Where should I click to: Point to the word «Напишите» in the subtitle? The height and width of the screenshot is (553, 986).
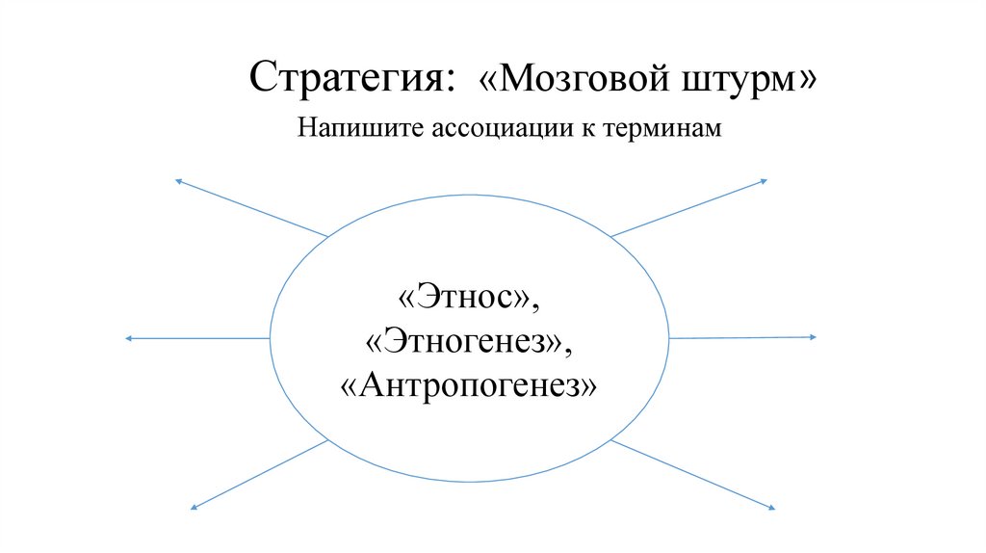point(348,128)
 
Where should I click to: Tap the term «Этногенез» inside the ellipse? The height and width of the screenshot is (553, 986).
point(469,339)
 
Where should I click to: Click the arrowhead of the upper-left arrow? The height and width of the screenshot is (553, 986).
point(176,180)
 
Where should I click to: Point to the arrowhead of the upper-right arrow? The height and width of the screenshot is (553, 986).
point(764,180)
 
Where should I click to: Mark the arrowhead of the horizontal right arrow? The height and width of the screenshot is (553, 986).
point(813,337)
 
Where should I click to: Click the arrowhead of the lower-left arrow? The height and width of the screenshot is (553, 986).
point(193,507)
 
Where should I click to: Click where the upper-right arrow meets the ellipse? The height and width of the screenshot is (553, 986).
point(611,236)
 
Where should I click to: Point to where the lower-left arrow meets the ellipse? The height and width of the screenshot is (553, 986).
point(328,440)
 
